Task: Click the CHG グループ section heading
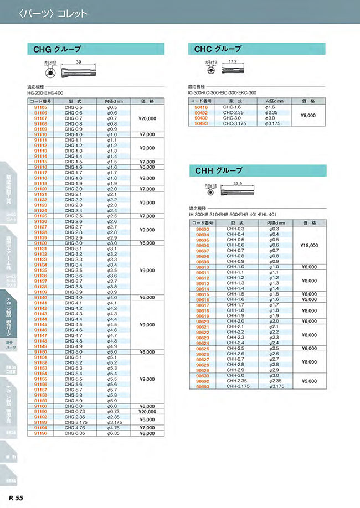(58, 49)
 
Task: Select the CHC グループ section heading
(218, 49)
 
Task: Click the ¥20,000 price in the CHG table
(147, 118)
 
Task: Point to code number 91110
(41, 134)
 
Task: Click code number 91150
(41, 351)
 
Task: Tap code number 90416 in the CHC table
(201, 107)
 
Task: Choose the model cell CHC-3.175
(233, 124)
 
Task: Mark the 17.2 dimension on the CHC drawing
(233, 62)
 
